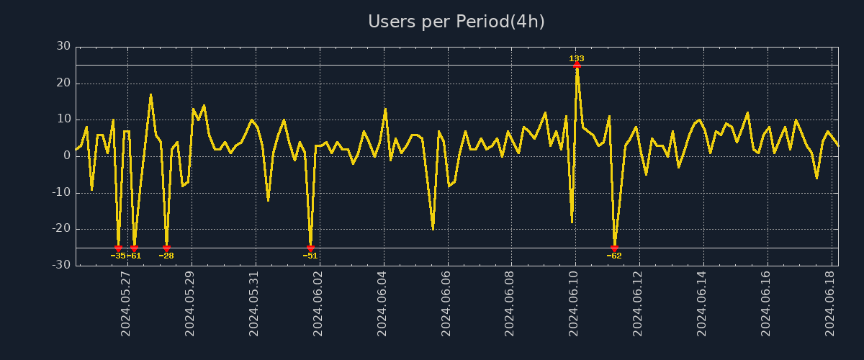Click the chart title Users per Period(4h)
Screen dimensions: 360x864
coord(456,22)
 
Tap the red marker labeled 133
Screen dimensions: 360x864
coord(577,65)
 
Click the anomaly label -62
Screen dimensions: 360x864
coord(614,256)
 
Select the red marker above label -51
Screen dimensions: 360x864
coord(310,248)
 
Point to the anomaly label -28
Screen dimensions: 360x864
coord(166,256)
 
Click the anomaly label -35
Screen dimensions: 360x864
coord(117,256)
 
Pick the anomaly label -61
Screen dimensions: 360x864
coord(135,256)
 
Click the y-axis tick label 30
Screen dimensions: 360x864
coord(63,46)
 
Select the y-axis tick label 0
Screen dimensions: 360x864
coord(67,156)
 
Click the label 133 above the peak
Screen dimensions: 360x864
coord(577,58)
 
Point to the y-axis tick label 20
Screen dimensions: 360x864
coord(63,83)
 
